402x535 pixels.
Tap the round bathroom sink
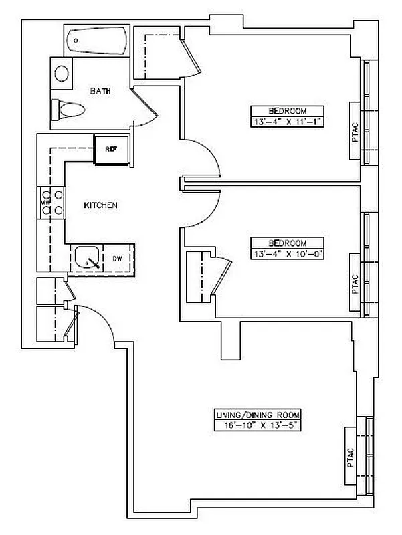[62, 72]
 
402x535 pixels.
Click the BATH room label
[100, 92]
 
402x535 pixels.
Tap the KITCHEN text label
[100, 205]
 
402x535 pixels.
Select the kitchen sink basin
[86, 257]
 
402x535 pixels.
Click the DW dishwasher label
[117, 258]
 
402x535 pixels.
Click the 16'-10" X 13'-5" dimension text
[256, 424]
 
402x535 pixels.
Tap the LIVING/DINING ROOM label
[256, 414]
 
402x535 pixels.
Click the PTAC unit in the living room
[353, 456]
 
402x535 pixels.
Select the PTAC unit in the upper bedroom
[355, 130]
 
